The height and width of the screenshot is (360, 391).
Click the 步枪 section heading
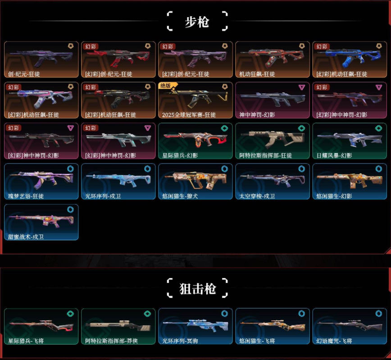pos(197,21)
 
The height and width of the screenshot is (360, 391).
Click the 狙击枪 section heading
pos(197,288)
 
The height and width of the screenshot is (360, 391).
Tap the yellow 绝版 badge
pos(166,86)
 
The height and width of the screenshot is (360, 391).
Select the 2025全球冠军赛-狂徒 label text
pos(189,114)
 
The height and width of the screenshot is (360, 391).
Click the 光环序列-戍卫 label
pos(103,196)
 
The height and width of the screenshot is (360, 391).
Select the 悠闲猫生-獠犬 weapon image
pos(195,179)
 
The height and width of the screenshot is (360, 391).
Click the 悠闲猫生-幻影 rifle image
pos(349,179)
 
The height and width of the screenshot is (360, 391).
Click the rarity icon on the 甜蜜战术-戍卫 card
pos(71,210)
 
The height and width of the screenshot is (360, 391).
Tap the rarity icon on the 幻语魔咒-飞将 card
pos(379,313)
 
